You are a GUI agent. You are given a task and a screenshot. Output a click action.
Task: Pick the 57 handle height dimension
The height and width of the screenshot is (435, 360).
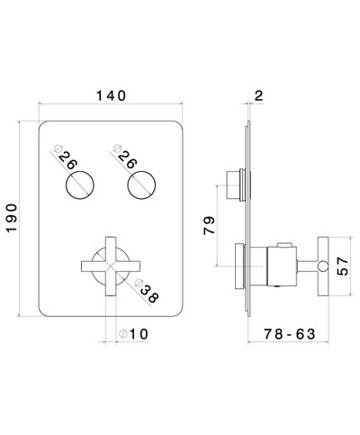tap(346, 267)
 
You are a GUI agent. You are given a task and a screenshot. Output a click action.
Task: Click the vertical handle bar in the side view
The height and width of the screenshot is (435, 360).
tap(320, 266)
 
